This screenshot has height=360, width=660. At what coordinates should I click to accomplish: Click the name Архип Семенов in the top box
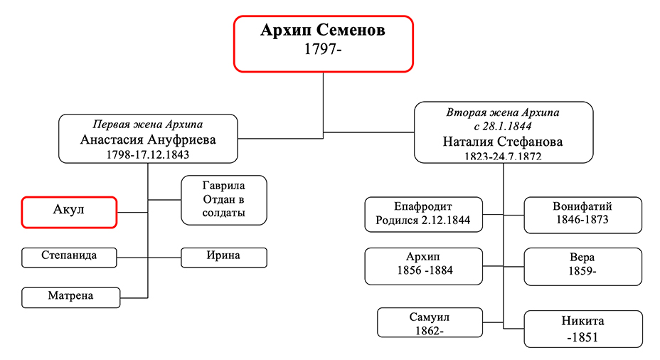[323, 31]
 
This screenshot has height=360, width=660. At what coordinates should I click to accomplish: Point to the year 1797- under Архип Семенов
[323, 49]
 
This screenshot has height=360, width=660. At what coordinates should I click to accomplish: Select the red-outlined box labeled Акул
[69, 212]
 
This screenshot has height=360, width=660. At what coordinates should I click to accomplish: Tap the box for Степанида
[69, 258]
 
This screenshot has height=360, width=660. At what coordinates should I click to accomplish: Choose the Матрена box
[70, 297]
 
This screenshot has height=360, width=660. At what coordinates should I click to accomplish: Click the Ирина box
[224, 258]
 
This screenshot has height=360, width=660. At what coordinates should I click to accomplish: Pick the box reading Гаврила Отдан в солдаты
[224, 200]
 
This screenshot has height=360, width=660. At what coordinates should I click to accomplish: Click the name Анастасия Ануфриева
[148, 139]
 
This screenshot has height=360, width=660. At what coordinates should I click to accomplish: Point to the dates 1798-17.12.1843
[148, 154]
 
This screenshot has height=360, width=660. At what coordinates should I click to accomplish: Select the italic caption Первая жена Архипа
[148, 125]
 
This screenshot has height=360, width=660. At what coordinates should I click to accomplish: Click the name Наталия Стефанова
[503, 142]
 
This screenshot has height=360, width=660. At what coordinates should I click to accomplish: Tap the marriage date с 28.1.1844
[503, 126]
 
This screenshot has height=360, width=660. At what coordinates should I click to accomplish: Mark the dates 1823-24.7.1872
[503, 157]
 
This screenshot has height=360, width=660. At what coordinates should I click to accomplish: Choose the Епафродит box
[424, 214]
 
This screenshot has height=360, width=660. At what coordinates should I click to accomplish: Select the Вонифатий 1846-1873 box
[583, 215]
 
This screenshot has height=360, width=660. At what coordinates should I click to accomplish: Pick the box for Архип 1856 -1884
[424, 266]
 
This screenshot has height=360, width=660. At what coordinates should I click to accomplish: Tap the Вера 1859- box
[583, 267]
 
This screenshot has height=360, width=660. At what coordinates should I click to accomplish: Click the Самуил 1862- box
[430, 322]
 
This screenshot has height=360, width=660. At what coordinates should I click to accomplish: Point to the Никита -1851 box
[583, 329]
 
